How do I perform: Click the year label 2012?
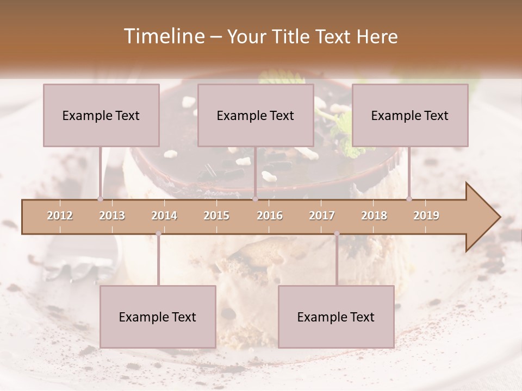60,216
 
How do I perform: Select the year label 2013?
112,216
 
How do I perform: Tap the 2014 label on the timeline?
164,216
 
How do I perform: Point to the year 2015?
216,216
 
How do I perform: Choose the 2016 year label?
270,216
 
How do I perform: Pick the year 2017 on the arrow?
322,216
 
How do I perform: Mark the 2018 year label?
374,216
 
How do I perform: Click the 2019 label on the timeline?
426,216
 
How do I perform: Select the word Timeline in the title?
163,36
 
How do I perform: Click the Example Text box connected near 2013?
101,115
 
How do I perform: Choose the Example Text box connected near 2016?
256,115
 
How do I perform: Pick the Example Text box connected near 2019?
410,115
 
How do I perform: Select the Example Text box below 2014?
158,317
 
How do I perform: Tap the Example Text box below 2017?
336,317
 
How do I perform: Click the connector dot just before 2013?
100,199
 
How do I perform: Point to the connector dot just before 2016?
255,199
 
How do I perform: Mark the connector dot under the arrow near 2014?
158,234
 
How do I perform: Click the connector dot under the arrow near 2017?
337,234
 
